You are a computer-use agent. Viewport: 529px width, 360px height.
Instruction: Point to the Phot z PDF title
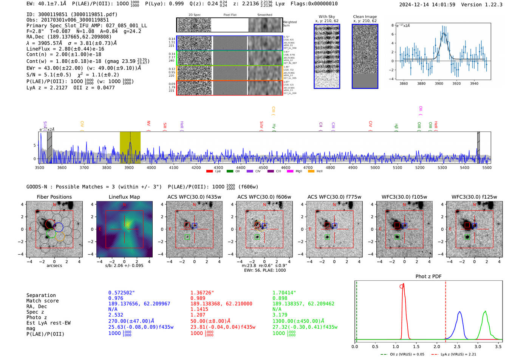pos(428,276)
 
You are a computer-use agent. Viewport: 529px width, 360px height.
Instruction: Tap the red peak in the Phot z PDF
pos(404,284)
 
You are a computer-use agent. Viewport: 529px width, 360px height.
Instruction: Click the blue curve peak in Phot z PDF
pos(459,312)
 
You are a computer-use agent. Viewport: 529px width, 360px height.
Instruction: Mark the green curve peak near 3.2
pos(485,311)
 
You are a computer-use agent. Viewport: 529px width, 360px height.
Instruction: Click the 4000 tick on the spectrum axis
pos(151,167)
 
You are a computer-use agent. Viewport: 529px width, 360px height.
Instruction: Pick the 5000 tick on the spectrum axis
pos(375,167)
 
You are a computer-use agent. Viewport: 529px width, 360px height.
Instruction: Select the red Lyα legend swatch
pos(209,172)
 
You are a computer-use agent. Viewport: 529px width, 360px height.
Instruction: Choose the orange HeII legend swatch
pos(311,172)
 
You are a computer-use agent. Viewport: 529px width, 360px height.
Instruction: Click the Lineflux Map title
pos(124,197)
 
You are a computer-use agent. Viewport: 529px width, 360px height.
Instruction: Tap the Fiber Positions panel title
pos(54,197)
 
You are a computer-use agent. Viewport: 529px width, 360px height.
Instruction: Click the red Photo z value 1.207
pos(198,315)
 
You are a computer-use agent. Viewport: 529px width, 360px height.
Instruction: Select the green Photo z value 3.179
pos(280,315)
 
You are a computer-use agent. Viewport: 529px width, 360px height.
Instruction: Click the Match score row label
pos(42,301)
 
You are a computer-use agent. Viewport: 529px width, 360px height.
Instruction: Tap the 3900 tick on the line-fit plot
pos(439,83)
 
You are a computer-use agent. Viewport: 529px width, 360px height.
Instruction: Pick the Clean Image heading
pos(365,17)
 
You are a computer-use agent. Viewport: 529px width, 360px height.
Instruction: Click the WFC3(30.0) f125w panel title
pos(474,197)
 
